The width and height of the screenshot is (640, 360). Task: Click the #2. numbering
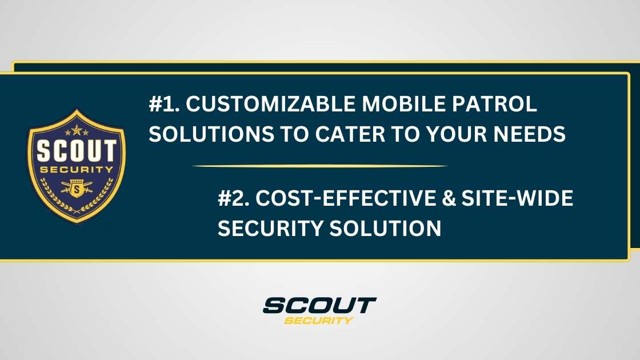click(x=234, y=199)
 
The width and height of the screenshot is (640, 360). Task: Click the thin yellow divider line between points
click(x=320, y=166)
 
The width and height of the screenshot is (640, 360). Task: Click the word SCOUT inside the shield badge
click(x=76, y=151)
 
